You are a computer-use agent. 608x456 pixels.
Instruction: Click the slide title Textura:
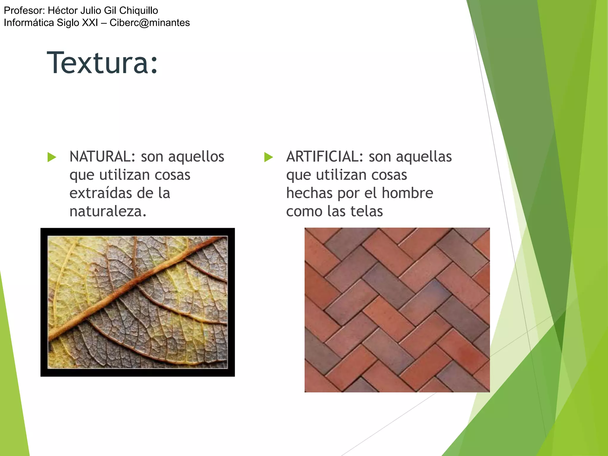(102, 63)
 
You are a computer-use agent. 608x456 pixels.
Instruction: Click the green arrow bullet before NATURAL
(52, 157)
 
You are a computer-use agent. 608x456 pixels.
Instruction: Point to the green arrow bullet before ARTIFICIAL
(268, 157)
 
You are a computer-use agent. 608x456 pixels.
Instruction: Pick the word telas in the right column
(367, 211)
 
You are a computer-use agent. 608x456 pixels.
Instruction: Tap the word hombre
(407, 193)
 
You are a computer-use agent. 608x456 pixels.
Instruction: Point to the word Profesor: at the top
(24, 10)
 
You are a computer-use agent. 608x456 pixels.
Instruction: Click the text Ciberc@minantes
(150, 23)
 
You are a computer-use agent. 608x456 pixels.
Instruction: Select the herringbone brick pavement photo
(397, 310)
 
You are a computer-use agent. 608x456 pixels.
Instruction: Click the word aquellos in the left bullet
(196, 156)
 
